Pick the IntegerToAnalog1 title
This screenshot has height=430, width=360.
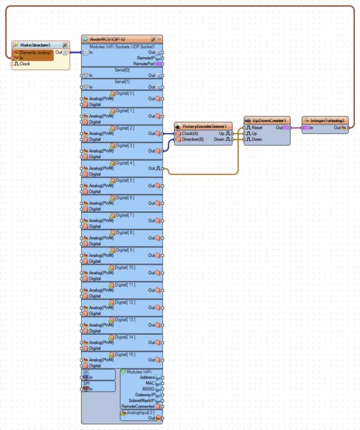(327, 120)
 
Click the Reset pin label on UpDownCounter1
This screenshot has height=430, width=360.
(257, 128)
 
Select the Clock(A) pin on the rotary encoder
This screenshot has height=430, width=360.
(190, 133)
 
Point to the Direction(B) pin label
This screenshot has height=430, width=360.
(193, 139)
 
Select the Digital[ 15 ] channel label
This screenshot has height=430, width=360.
(125, 354)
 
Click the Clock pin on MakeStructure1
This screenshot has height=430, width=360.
(24, 64)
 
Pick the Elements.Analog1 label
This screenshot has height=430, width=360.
(36, 52)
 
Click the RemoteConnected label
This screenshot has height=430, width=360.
(138, 406)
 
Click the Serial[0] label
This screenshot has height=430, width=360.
(121, 69)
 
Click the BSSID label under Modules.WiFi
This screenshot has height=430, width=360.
(147, 389)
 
